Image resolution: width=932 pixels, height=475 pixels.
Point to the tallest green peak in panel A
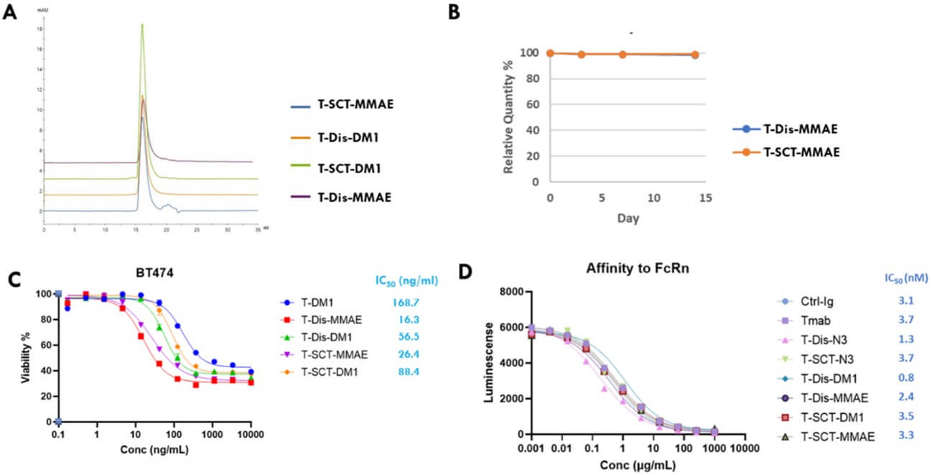pyautogui.click(x=142, y=25)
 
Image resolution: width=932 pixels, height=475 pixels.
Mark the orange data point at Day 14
pyautogui.click(x=695, y=55)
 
